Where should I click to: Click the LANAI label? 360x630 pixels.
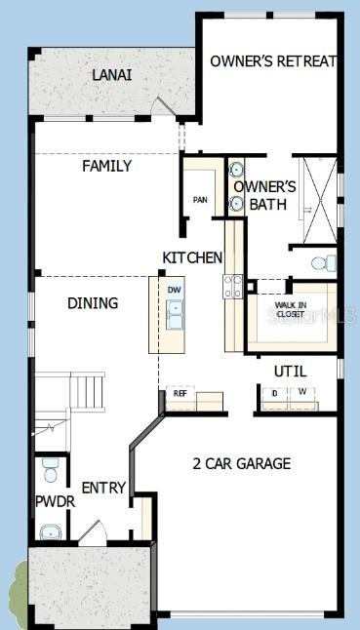(112, 75)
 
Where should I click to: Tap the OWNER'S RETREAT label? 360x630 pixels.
(273, 60)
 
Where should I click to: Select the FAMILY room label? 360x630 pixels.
(106, 166)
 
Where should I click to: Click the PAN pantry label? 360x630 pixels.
(200, 200)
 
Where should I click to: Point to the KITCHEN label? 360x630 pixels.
(192, 257)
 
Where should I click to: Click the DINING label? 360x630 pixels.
(93, 303)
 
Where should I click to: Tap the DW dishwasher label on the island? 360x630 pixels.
(175, 290)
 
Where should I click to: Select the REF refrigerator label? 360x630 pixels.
(180, 393)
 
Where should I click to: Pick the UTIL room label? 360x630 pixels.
(290, 371)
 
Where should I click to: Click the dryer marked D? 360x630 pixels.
(274, 394)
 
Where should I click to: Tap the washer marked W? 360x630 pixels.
(302, 394)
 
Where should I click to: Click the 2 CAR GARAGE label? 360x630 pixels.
(241, 463)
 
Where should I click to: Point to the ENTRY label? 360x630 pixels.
(102, 488)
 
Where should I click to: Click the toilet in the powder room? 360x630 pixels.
(50, 472)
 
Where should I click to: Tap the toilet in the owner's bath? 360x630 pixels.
(325, 262)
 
